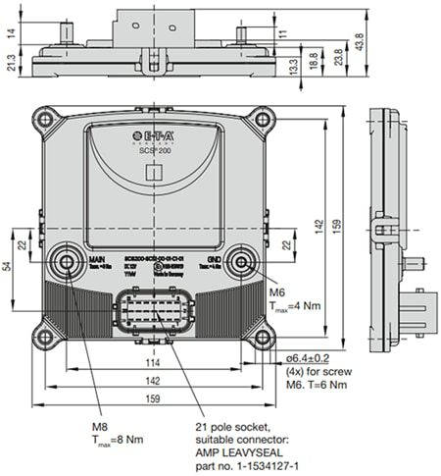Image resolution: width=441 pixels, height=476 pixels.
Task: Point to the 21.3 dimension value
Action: pyautogui.click(x=9, y=64)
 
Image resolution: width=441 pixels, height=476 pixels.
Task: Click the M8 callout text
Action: pyautogui.click(x=99, y=428)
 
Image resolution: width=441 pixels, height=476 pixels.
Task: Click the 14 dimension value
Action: pyautogui.click(x=9, y=32)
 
